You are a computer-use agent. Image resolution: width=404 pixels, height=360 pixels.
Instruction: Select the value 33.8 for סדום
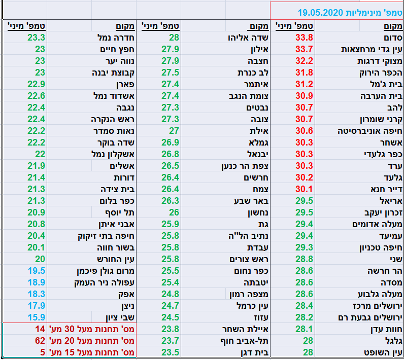point(304,37)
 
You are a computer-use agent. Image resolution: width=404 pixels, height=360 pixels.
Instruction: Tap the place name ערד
point(394,165)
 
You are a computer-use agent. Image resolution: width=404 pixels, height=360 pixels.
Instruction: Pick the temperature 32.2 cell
point(304,60)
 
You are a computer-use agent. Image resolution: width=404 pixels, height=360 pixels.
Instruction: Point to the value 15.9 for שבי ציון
point(37,317)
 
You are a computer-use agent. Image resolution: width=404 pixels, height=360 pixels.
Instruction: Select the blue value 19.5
point(37,270)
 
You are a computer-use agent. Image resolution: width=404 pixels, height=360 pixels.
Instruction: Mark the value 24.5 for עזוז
point(170,317)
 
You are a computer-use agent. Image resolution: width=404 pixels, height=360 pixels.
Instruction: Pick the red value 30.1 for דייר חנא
point(304,189)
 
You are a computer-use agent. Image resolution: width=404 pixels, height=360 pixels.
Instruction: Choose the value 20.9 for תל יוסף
point(37,212)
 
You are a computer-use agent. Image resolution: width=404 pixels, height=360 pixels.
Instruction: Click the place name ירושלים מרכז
point(378,305)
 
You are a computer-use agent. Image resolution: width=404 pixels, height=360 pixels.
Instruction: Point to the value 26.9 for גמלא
point(170,142)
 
